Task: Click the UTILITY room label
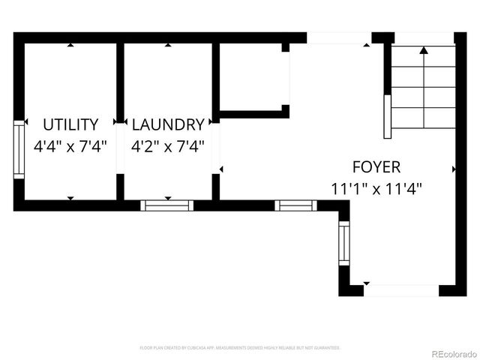[x=70, y=124]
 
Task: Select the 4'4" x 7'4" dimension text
[x=70, y=146]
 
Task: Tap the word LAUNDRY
[x=167, y=124]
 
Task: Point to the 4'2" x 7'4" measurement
[x=167, y=146]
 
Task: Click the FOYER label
[x=376, y=167]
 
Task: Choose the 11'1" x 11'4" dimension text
[x=376, y=188]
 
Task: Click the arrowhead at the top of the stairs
[x=424, y=51]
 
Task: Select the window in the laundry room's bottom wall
[x=166, y=205]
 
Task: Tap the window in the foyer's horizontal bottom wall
[x=295, y=205]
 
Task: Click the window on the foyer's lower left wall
[x=343, y=244]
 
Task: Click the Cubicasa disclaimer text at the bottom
[x=240, y=348]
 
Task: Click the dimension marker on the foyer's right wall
[x=454, y=170]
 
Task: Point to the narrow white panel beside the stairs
[x=388, y=116]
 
